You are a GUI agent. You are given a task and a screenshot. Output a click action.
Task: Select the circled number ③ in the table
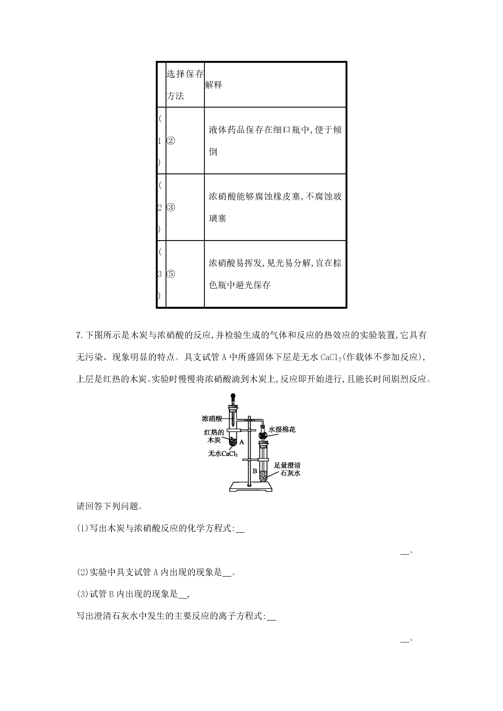pyautogui.click(x=171, y=207)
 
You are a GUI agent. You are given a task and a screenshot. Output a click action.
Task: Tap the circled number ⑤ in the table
pyautogui.click(x=171, y=274)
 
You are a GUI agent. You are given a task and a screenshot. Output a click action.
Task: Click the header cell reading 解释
pyautogui.click(x=214, y=85)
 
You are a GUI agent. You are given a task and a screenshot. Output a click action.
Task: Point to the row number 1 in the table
pyautogui.click(x=160, y=141)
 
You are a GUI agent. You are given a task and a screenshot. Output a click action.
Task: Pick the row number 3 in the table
pyautogui.click(x=160, y=274)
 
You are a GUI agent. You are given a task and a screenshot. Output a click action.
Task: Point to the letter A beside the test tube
pyautogui.click(x=242, y=442)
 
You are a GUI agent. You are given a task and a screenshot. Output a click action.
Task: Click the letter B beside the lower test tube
pyautogui.click(x=255, y=471)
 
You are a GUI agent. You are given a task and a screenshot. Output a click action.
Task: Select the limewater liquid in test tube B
pyautogui.click(x=264, y=477)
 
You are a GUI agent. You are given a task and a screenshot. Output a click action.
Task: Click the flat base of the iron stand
pyautogui.click(x=250, y=487)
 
